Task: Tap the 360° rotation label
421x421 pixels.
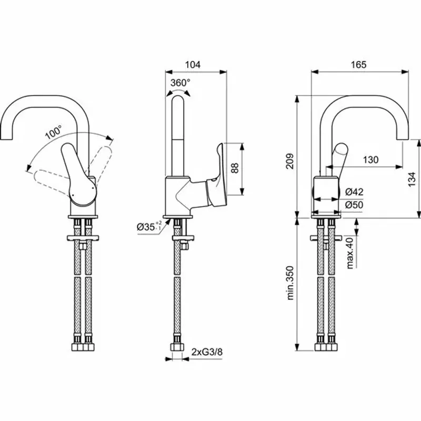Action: pos(180,82)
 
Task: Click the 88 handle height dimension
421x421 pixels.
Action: pos(235,168)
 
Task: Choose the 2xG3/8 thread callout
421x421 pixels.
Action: pos(203,351)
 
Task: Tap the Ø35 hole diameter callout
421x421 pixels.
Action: pos(147,227)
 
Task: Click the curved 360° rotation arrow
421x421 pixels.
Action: pos(179,92)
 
